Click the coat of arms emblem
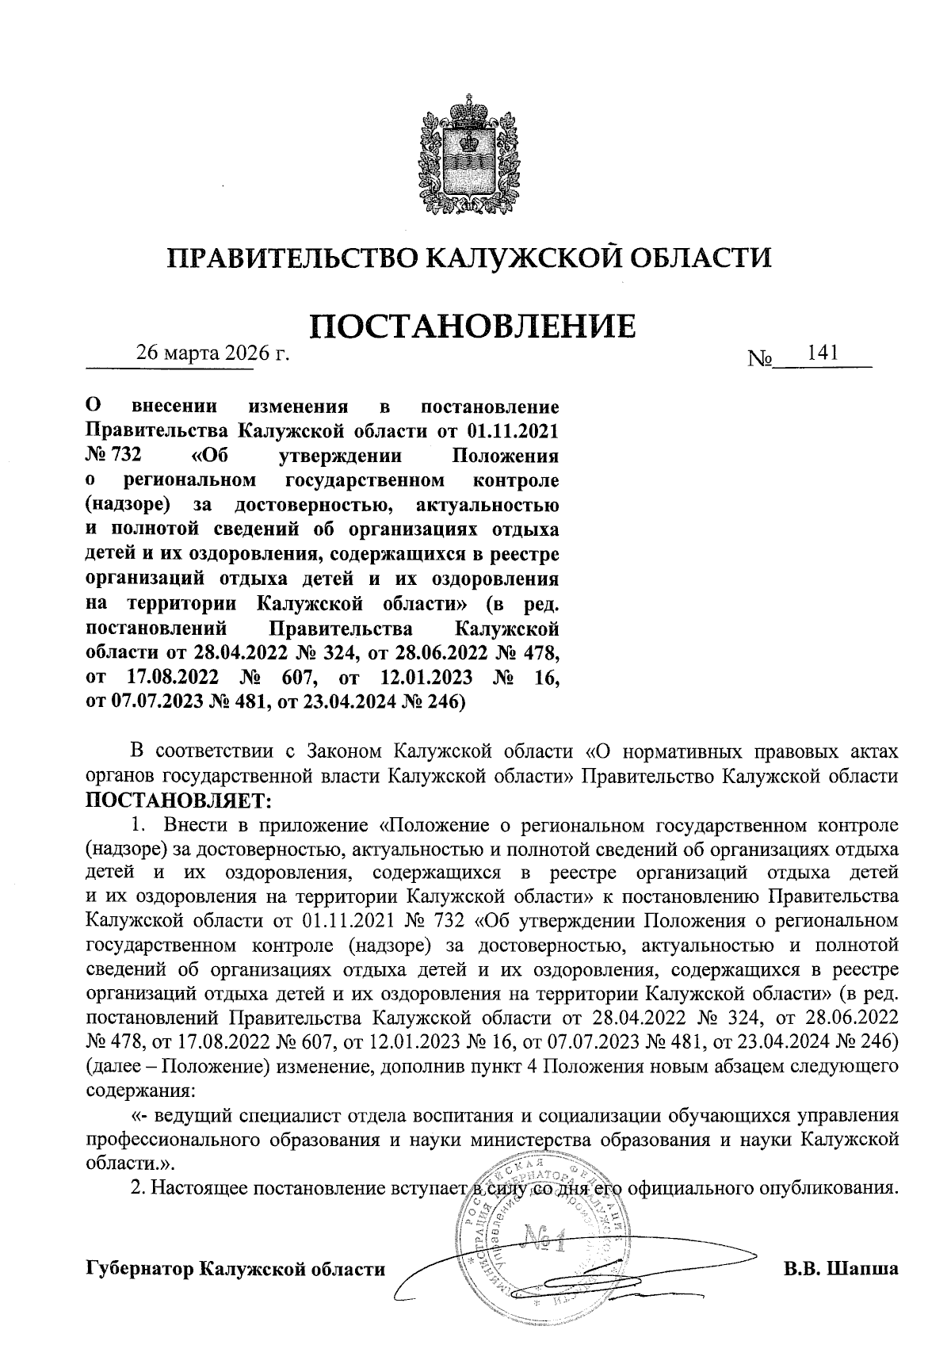469,154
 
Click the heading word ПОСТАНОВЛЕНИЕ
472,327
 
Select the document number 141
822,352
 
